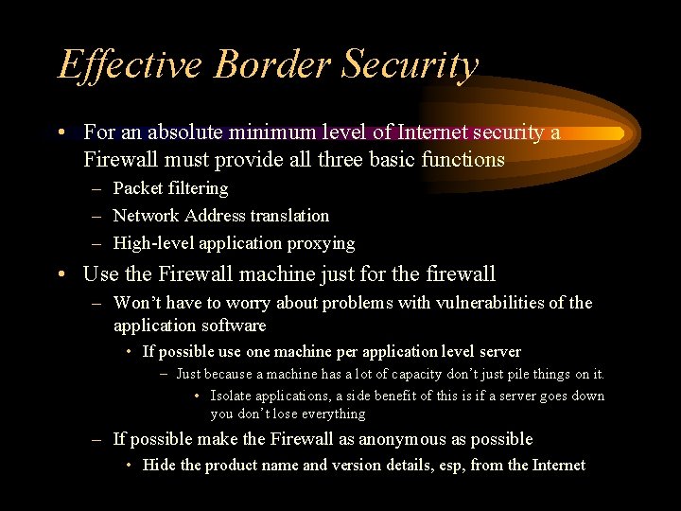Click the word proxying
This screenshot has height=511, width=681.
tap(322, 243)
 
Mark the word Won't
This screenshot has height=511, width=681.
tap(135, 303)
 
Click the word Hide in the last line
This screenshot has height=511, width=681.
tap(159, 465)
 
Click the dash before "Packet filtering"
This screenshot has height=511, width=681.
tap(96, 188)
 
